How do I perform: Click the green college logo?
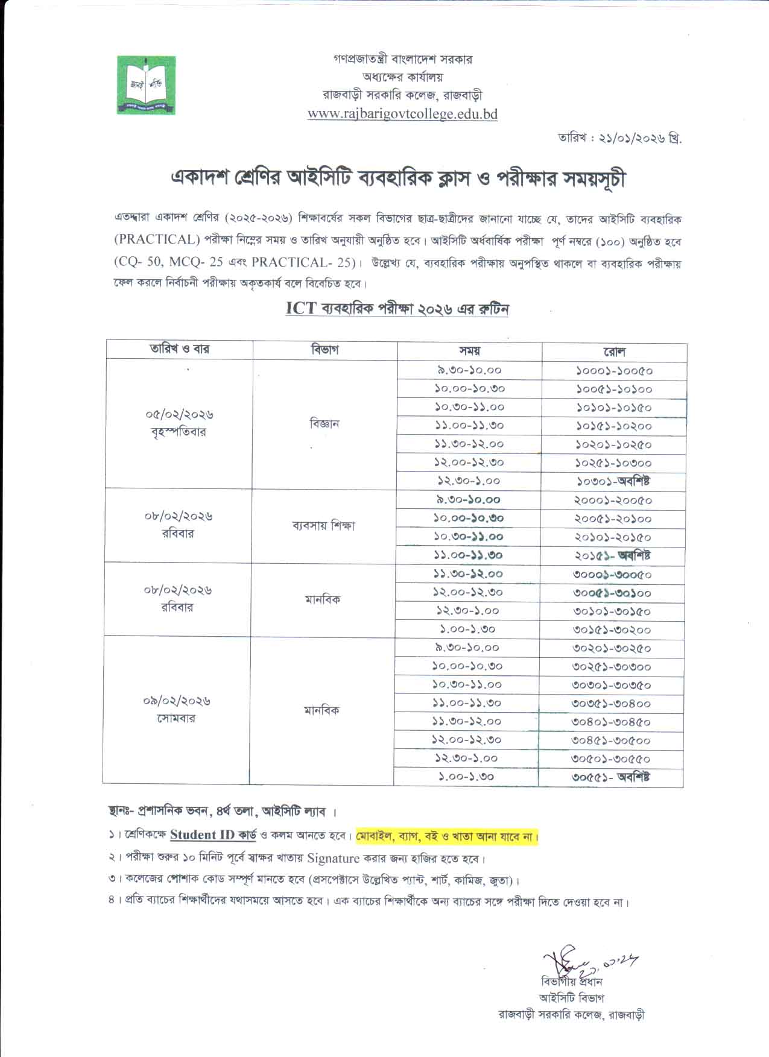[x=146, y=85]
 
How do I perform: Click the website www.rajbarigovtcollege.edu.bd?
[x=402, y=114]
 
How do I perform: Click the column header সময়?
[x=469, y=350]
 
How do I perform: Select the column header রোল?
[x=613, y=351]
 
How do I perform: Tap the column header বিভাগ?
[x=324, y=350]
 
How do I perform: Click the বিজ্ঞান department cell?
[x=324, y=424]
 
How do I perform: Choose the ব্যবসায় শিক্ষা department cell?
[x=323, y=526]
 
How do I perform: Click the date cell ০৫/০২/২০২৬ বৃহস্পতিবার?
[x=179, y=423]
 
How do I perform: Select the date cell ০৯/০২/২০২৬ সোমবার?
[x=177, y=710]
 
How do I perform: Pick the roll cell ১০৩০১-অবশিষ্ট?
[x=613, y=482]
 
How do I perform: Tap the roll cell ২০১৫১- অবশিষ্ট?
[x=612, y=555]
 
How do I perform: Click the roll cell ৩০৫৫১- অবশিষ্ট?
[x=611, y=777]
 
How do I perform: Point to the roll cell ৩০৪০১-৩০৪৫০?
[x=611, y=722]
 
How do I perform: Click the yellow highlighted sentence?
[x=447, y=837]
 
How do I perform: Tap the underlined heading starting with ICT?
[x=397, y=309]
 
